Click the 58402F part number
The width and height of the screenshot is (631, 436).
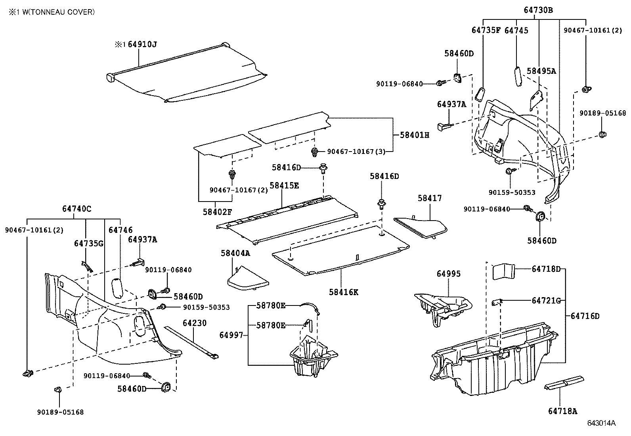click(218, 212)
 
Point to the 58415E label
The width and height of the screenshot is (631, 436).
click(284, 185)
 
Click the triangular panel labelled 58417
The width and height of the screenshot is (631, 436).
click(422, 227)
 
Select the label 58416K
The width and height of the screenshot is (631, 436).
click(343, 292)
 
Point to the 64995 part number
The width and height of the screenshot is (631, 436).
click(449, 274)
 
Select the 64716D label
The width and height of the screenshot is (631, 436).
click(585, 316)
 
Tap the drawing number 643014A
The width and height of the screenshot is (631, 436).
click(601, 423)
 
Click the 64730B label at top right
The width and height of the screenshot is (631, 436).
click(538, 11)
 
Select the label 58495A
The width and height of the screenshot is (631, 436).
click(541, 71)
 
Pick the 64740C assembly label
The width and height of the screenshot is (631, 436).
click(76, 209)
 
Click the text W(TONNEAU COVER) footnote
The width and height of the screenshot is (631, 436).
click(57, 12)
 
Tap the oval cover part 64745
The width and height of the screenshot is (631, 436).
click(517, 75)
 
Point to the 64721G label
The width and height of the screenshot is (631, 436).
click(546, 301)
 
